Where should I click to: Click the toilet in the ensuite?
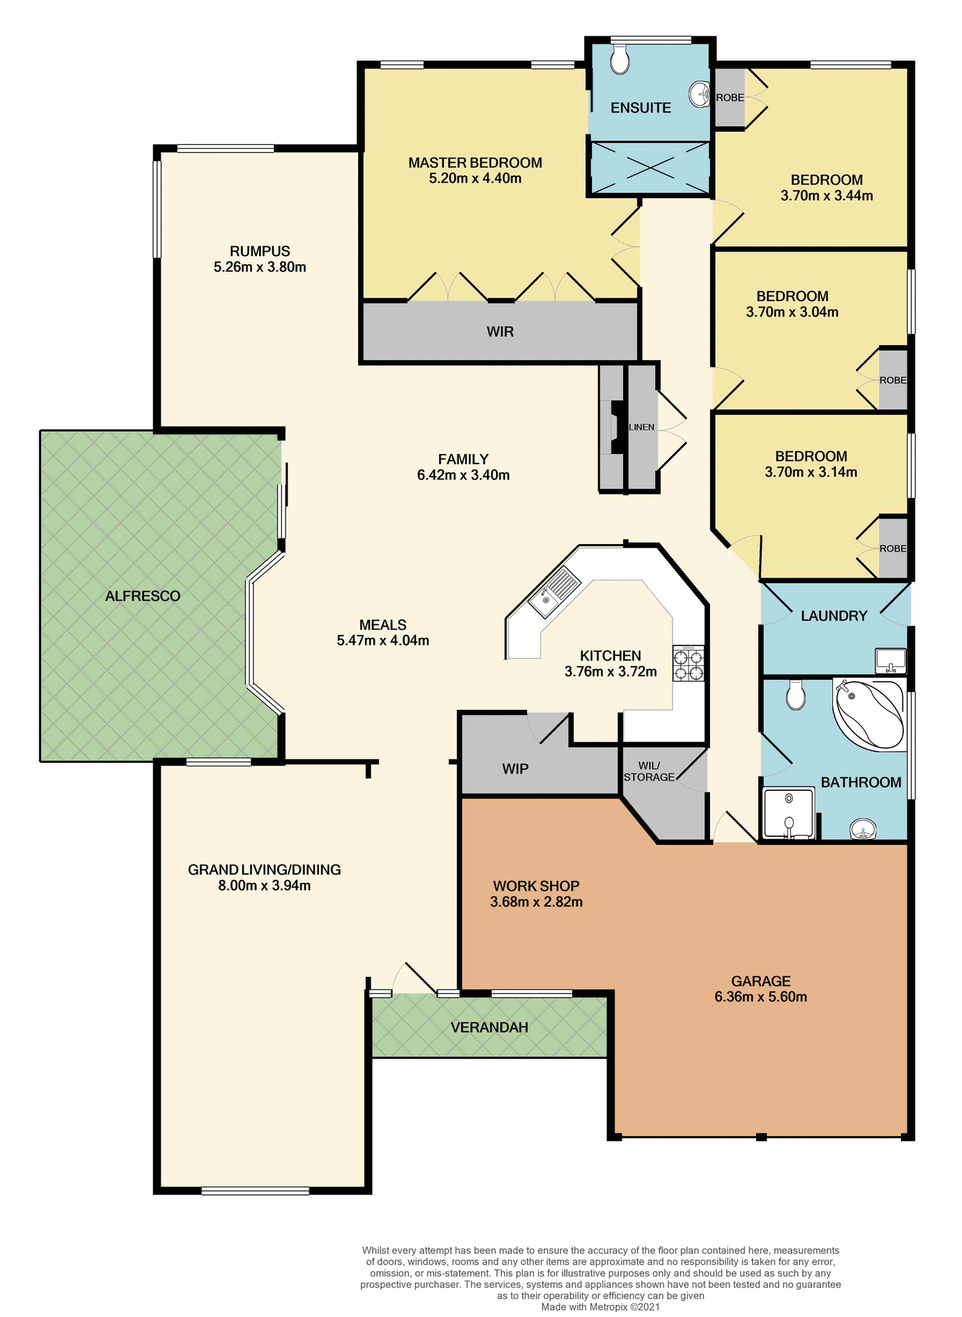tap(620, 60)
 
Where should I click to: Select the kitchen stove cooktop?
tap(688, 664)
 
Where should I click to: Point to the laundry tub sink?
tap(891, 661)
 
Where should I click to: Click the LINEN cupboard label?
tap(642, 427)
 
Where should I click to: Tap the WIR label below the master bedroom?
tap(500, 332)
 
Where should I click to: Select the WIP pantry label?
tap(515, 769)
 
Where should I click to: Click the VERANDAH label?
tap(489, 1028)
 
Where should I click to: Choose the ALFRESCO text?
tap(143, 596)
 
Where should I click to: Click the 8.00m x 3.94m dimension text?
tap(264, 886)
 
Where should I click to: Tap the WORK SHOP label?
tap(536, 886)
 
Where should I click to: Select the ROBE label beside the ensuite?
tap(729, 97)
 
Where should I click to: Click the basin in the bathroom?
tap(863, 830)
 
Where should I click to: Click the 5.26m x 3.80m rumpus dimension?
tap(259, 267)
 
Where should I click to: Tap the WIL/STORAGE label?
tap(648, 771)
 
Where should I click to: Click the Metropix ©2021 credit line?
tap(600, 1307)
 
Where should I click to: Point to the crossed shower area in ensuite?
tap(650, 167)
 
